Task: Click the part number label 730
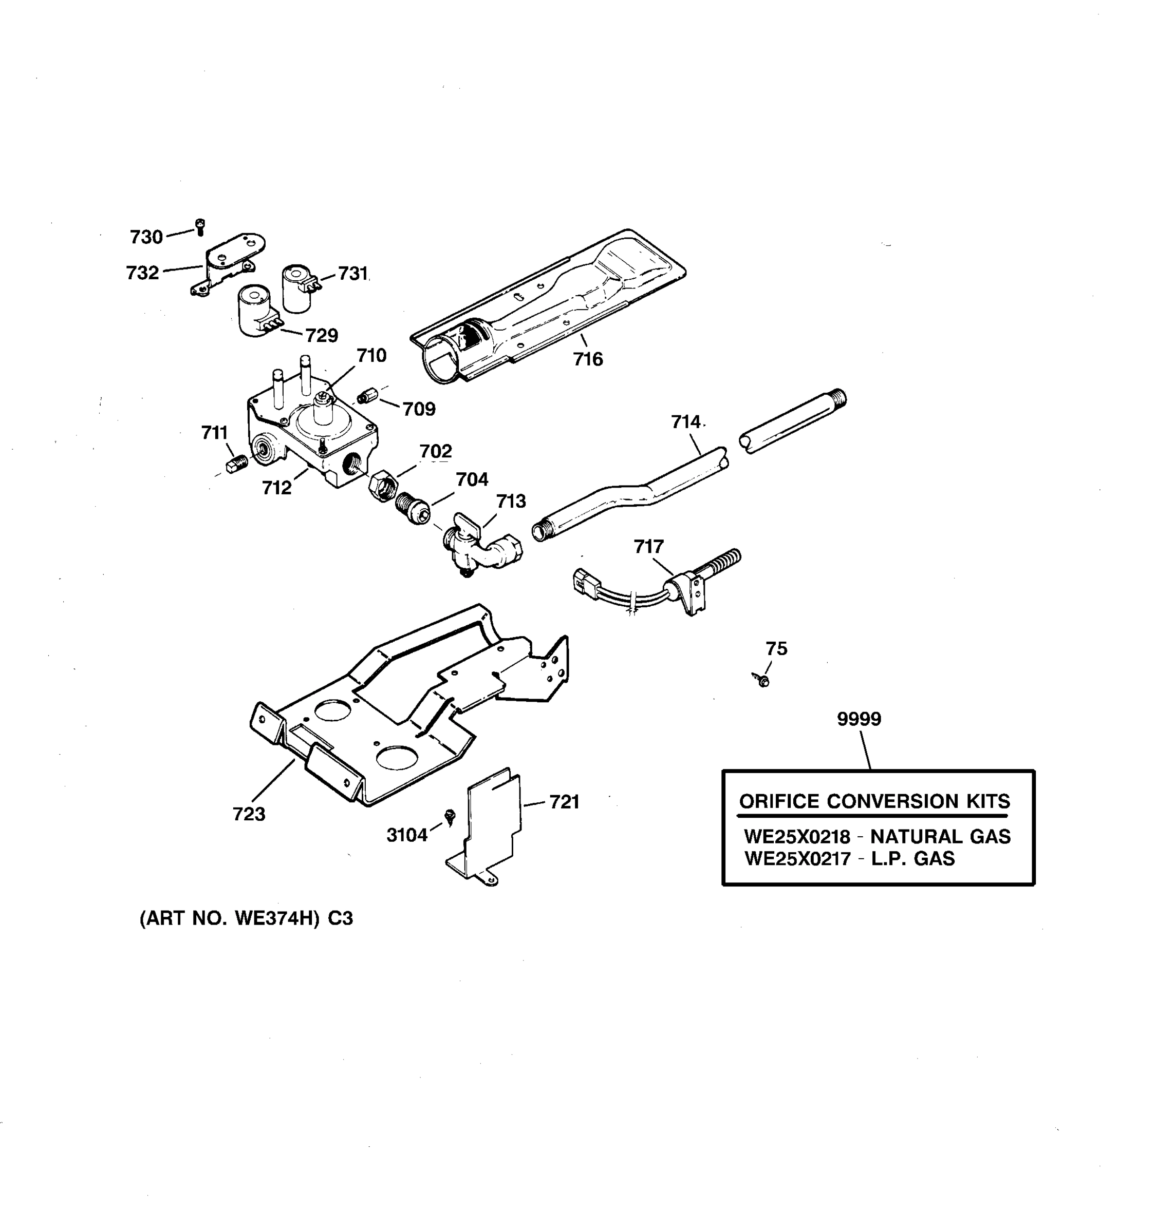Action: [x=146, y=237]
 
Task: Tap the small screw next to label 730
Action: [x=200, y=227]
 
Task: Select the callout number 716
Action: [x=587, y=359]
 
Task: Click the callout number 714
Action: [x=686, y=422]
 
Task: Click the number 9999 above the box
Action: [x=859, y=719]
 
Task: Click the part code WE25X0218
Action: [x=797, y=837]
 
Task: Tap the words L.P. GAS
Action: [x=913, y=859]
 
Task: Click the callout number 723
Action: [x=249, y=814]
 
